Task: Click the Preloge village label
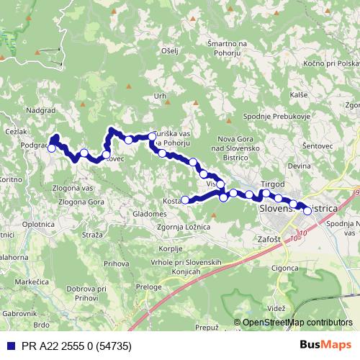(148, 287)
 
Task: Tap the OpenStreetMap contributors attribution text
(297, 323)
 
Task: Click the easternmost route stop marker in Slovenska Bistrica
(307, 211)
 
